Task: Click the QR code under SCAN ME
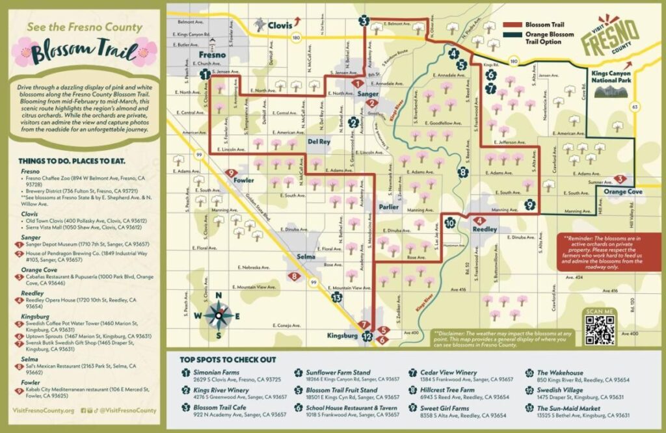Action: coord(600,333)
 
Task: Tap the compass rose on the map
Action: coord(219,316)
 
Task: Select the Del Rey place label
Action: coord(319,141)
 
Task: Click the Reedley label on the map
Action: coord(484,230)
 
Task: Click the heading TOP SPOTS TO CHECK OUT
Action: coord(228,360)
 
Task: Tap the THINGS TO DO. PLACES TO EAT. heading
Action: coord(72,161)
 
